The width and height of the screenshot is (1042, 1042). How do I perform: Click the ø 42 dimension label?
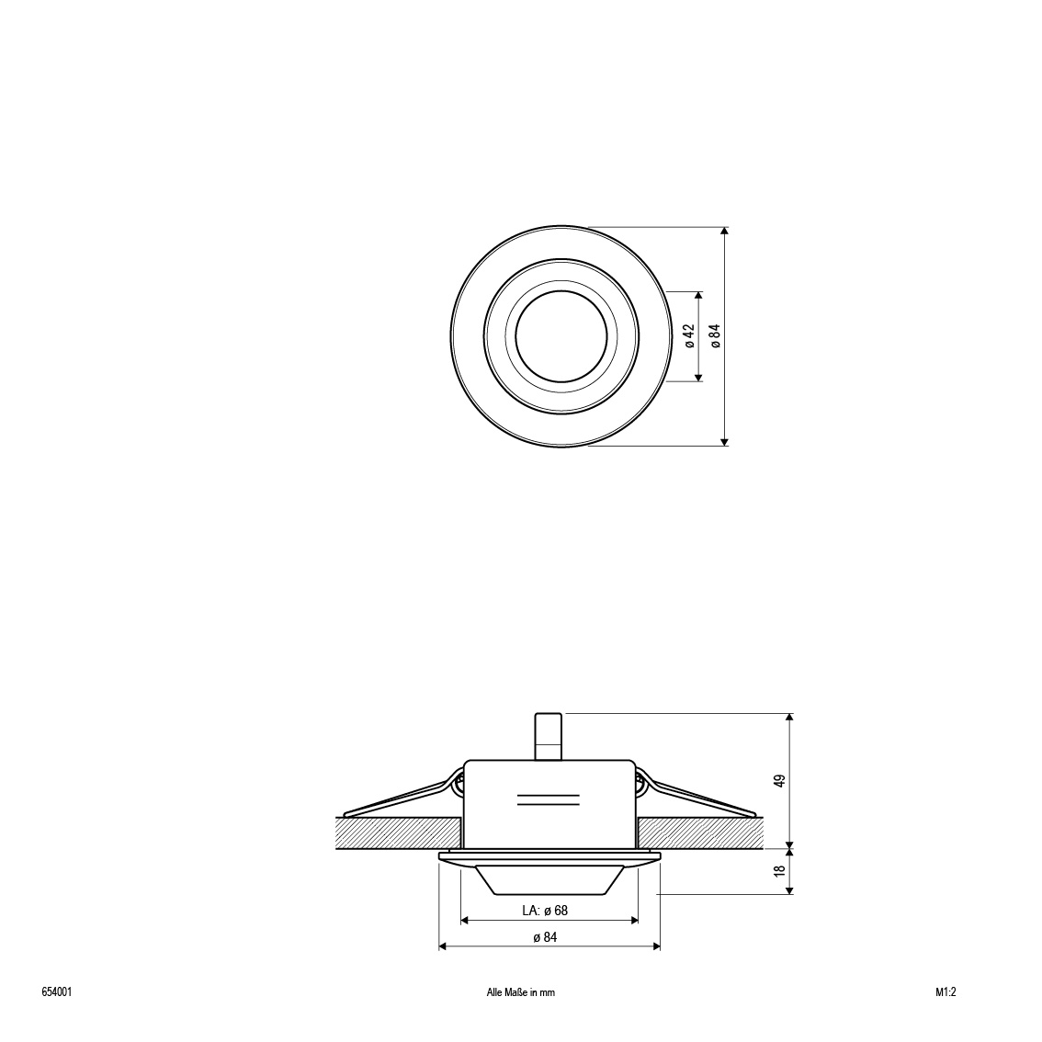pos(689,336)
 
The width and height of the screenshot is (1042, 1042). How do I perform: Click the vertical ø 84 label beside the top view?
pos(715,336)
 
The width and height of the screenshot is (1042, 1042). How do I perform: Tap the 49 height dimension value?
pos(781,780)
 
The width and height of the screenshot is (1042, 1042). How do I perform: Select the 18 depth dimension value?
pos(781,870)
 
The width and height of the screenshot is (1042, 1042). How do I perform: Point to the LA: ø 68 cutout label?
pos(545,911)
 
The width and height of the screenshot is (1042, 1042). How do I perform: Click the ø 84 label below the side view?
pos(545,937)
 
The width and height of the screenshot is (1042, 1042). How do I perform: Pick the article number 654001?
pos(56,992)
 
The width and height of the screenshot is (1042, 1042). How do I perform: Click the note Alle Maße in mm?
pos(521,992)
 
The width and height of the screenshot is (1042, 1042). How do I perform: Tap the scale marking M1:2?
pos(946,992)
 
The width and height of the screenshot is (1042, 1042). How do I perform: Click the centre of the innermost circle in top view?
pos(561,336)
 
